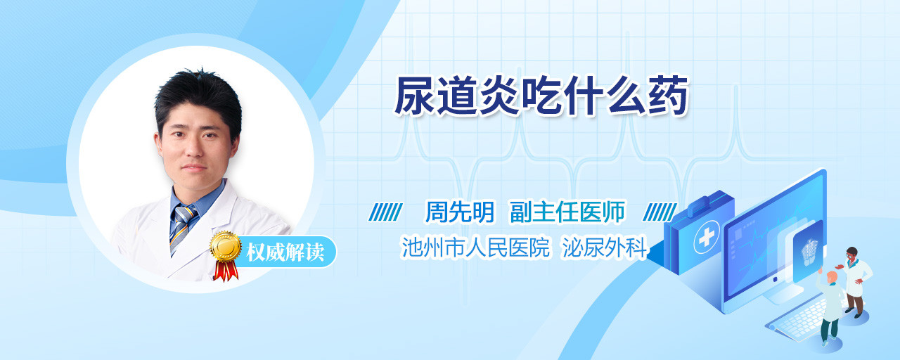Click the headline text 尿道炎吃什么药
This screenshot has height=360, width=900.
(541, 96)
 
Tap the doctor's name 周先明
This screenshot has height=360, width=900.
(459, 212)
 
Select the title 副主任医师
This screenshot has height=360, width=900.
(567, 212)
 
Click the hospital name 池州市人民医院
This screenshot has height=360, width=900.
(475, 247)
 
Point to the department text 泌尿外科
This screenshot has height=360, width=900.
(604, 247)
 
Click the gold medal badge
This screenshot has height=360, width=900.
(226, 246)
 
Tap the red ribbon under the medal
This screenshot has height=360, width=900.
(226, 271)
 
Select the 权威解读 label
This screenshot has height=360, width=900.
(285, 252)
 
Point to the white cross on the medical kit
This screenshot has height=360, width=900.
(706, 238)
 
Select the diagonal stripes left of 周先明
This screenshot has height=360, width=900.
(385, 212)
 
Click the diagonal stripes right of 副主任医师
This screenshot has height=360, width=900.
(660, 212)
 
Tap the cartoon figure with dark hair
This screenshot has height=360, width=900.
(854, 281)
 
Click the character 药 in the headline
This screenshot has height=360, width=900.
(668, 96)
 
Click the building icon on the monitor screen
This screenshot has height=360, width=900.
(809, 252)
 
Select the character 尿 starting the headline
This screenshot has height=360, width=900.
(414, 96)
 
